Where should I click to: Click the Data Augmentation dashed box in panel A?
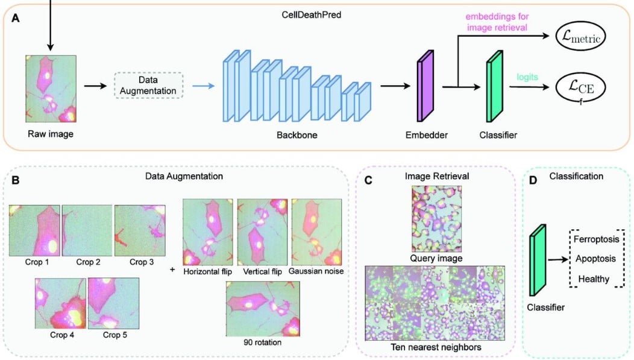148,85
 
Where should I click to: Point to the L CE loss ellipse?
580,87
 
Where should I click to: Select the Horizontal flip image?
207,231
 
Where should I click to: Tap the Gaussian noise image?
316,231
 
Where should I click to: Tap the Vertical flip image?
262,231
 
